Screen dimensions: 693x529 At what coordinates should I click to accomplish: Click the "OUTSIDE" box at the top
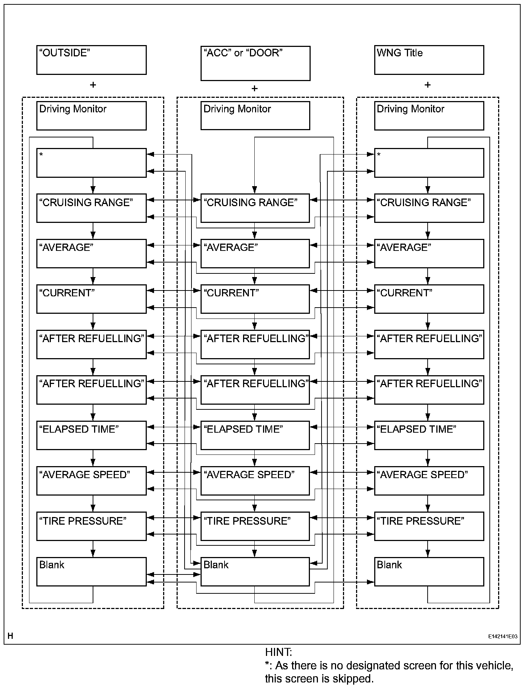[91, 60]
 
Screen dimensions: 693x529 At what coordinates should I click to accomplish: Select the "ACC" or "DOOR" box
[255, 63]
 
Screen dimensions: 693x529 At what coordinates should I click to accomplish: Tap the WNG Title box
[429, 60]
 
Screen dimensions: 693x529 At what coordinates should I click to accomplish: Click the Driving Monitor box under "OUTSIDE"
[91, 116]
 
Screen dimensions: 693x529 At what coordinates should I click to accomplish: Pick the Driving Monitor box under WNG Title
[429, 116]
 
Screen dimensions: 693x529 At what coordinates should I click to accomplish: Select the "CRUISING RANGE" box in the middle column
[255, 208]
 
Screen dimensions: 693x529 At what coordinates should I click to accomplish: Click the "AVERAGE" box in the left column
[91, 253]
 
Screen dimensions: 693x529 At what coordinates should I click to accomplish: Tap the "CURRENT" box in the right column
[429, 299]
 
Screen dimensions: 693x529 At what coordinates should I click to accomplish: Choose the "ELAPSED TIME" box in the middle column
[255, 435]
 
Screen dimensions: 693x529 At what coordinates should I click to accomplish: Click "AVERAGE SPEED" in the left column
[91, 481]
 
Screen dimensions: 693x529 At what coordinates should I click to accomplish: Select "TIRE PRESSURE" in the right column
[429, 526]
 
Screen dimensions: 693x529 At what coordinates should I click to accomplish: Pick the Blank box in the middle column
[255, 572]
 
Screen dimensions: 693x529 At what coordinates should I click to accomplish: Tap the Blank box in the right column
[429, 572]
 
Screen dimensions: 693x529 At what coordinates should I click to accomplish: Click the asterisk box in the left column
[91, 163]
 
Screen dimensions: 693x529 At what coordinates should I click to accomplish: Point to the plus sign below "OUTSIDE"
[93, 85]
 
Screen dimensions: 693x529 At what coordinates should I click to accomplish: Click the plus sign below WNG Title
[428, 85]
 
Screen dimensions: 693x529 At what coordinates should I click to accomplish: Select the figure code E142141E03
[503, 637]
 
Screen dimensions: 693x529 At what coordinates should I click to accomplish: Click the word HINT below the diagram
[278, 652]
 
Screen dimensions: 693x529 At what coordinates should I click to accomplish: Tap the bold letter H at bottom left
[10, 636]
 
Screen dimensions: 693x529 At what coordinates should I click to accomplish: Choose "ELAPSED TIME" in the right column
[429, 435]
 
